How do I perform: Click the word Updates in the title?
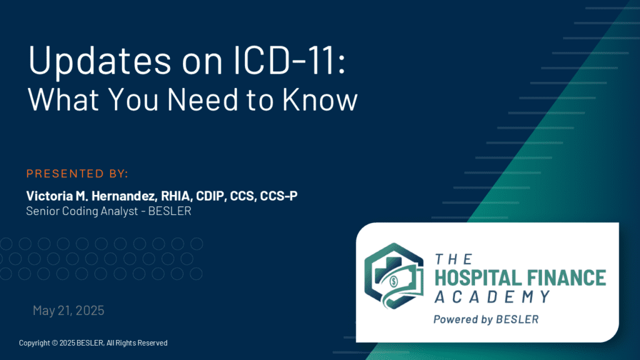pos(99,61)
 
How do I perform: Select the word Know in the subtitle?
pos(320,99)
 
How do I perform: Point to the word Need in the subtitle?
pos(203,99)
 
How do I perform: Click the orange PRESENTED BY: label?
pos(77,174)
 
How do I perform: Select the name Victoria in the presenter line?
pos(50,196)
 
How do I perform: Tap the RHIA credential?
pos(176,196)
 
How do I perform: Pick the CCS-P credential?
pos(279,196)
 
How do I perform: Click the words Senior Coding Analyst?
pos(82,211)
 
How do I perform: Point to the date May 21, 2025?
pos(69,310)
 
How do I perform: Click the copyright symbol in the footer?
pos(55,343)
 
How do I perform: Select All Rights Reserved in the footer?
pos(137,343)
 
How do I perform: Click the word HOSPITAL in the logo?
pos(476,278)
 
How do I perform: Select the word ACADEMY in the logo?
pos(492,297)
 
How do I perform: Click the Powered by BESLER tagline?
pos(486,319)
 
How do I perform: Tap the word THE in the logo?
pos(454,259)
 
